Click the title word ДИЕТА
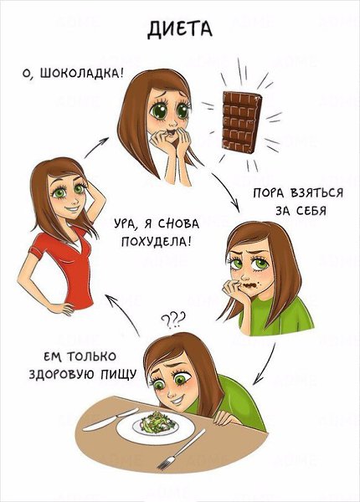click(x=180, y=29)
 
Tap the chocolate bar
click(x=242, y=121)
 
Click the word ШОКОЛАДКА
click(x=81, y=74)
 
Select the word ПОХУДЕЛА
click(x=157, y=241)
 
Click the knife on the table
click(x=111, y=419)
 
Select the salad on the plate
click(x=156, y=422)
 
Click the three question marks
click(x=173, y=318)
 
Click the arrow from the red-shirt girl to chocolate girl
click(x=97, y=147)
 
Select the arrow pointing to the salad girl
click(x=266, y=363)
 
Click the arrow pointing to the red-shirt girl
click(x=123, y=315)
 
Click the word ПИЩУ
click(x=119, y=374)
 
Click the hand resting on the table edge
click(x=225, y=419)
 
